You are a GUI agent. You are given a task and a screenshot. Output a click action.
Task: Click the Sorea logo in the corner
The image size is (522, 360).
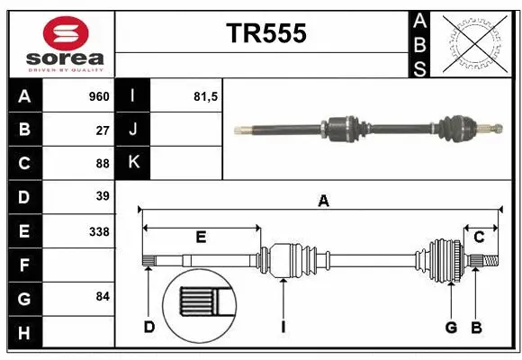[61, 43]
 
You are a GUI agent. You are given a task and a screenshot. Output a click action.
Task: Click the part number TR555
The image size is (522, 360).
[265, 33]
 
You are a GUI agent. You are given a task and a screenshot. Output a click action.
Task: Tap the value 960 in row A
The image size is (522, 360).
[98, 96]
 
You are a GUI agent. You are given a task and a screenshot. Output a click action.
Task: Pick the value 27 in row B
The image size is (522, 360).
[103, 130]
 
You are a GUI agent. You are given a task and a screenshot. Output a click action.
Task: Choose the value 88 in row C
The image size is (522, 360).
[103, 163]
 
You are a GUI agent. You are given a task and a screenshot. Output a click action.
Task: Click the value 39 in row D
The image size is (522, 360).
[103, 195]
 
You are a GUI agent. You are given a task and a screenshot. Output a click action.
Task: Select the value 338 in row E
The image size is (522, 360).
[99, 230]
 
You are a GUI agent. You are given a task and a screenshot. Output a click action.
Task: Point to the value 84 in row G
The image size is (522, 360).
[103, 296]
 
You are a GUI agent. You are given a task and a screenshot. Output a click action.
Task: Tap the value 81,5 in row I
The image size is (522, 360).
[206, 96]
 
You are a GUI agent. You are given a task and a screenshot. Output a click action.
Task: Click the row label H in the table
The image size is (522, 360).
[24, 334]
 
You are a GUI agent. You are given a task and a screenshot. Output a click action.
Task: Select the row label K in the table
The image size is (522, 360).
[133, 163]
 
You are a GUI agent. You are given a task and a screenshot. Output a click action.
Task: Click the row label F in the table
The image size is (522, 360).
[24, 265]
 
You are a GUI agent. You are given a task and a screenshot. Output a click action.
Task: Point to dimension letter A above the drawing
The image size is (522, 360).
[323, 202]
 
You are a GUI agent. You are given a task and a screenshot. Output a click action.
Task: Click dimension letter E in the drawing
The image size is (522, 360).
[202, 238]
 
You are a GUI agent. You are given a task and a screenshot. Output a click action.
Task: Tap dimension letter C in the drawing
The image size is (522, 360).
[480, 238]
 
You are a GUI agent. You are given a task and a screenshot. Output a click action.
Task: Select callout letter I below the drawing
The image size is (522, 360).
[283, 327]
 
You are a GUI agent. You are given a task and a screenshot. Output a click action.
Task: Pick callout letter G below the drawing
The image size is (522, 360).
[451, 327]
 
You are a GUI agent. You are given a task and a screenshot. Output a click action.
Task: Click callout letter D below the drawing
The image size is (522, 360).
[149, 327]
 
